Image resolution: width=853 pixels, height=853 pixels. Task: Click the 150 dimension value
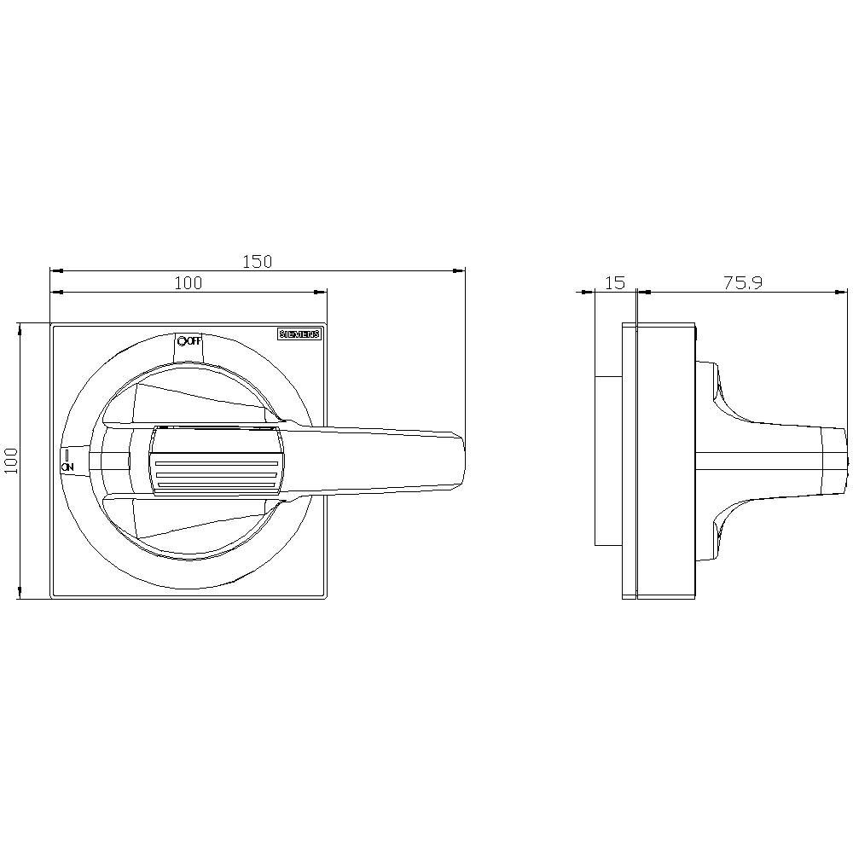(x=257, y=262)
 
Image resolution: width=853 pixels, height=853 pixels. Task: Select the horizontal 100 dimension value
(x=189, y=283)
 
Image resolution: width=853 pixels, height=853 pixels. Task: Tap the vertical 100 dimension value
(x=11, y=461)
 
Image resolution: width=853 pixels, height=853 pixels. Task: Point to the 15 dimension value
(x=615, y=283)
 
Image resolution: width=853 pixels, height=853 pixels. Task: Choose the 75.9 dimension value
(x=743, y=283)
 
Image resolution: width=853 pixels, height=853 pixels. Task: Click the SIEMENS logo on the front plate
(x=299, y=335)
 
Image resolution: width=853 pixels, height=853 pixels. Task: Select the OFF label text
(x=194, y=341)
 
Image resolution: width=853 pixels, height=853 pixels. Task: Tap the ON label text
(x=68, y=466)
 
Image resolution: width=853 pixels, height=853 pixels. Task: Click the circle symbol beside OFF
(x=181, y=341)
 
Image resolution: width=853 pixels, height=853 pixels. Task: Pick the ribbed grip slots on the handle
(x=216, y=475)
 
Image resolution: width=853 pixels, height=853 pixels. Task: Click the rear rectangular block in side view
(x=607, y=461)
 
